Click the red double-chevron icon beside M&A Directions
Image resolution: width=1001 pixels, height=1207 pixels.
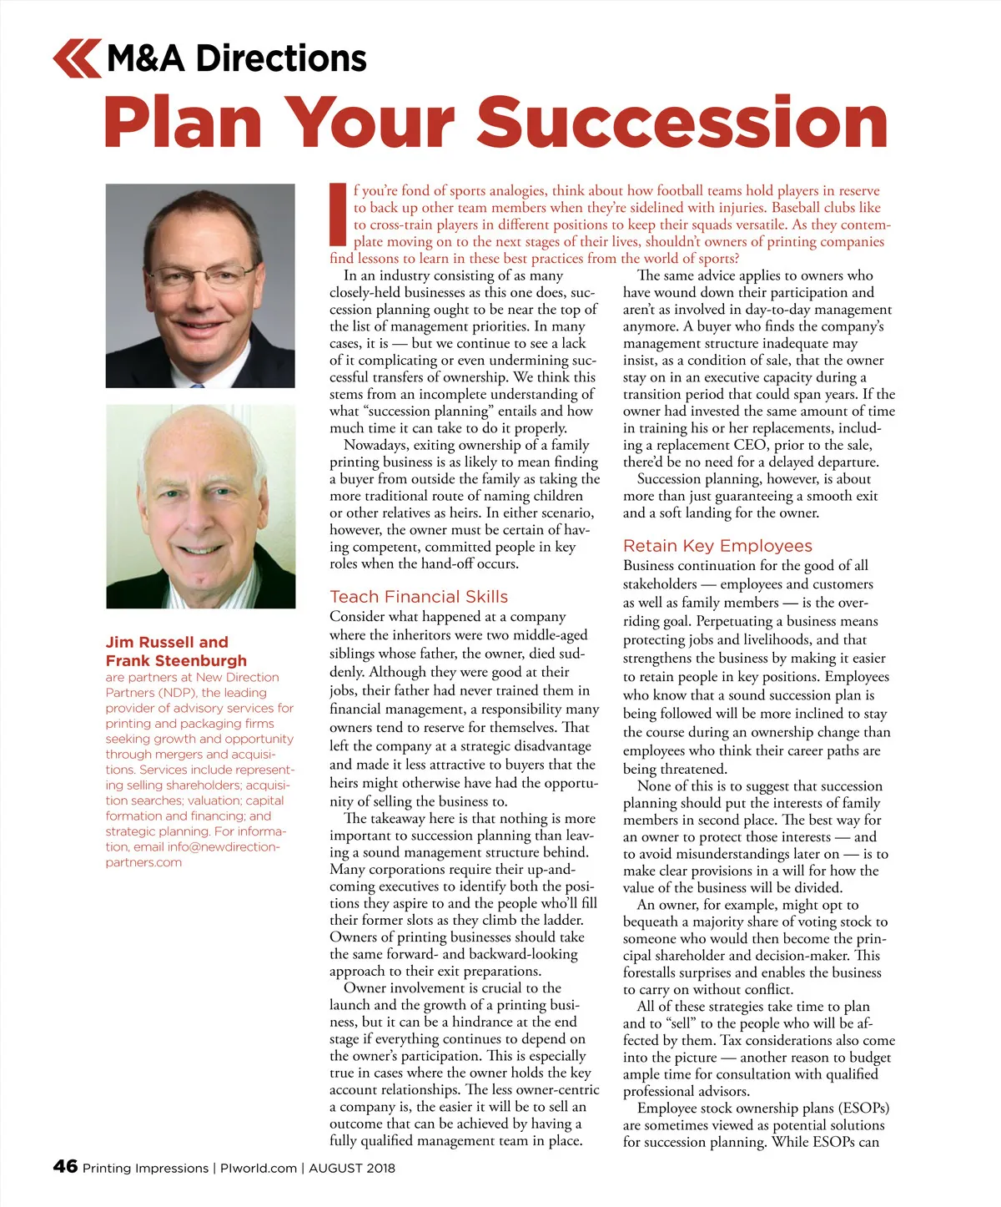(77, 58)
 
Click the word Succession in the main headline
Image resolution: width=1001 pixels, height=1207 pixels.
(682, 123)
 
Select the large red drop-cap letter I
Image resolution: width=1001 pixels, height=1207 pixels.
(338, 215)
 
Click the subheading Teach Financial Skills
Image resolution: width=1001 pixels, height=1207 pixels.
(419, 597)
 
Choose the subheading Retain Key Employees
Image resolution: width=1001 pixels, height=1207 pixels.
(717, 546)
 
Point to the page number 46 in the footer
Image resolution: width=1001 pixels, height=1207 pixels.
(65, 1166)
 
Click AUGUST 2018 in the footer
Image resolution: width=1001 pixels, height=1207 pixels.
(352, 1168)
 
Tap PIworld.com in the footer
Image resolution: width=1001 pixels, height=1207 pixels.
(258, 1168)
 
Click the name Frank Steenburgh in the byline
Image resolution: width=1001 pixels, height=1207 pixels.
(176, 660)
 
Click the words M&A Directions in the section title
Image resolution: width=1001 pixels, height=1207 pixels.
(237, 58)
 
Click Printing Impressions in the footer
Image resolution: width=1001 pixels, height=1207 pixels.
(145, 1168)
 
